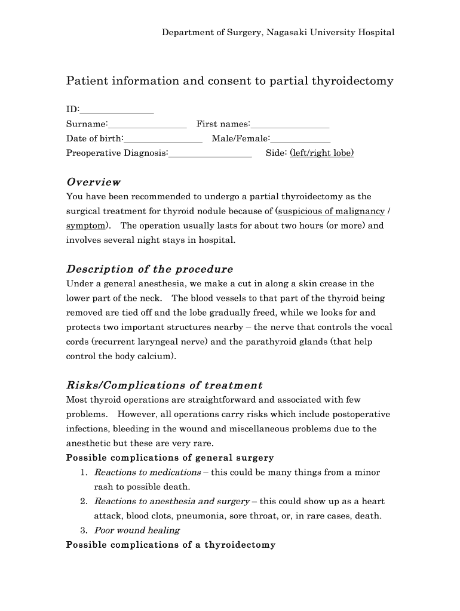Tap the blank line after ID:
pos(116,111)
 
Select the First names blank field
pos(290,125)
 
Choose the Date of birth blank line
pos(163,140)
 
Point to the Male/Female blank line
pos(300,140)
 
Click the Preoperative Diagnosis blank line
pos(210,154)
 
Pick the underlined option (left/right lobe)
pos(321,153)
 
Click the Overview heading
pos(93,182)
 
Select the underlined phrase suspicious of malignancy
pos(330,211)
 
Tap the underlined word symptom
pos(87,226)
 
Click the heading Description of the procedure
pos(149,269)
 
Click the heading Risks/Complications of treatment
pos(164,385)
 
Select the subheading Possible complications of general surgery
pos(170,458)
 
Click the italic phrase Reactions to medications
pos(148,472)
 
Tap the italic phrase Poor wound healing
pos(137,530)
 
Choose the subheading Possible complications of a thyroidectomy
pos(170,545)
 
